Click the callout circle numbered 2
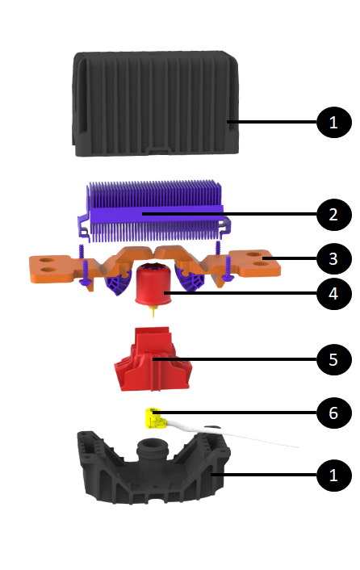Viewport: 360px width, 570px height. point(334,215)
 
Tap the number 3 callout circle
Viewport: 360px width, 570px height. point(334,259)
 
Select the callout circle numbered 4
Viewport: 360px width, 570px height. point(334,293)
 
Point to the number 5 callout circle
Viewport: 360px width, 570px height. point(334,359)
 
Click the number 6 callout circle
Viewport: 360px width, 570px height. point(334,413)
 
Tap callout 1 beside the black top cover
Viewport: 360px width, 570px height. point(334,122)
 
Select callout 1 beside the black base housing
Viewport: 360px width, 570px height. point(334,475)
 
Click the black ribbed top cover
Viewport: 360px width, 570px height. point(156,104)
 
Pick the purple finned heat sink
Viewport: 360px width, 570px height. point(154,212)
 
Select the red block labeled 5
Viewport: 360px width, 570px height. point(153,359)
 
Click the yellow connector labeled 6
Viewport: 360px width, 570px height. point(154,418)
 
